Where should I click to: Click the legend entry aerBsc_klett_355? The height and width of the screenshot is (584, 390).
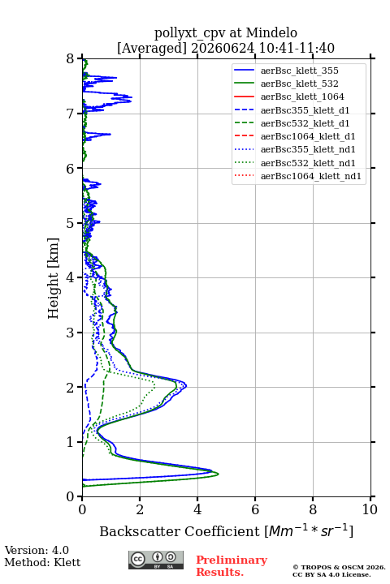point(299,71)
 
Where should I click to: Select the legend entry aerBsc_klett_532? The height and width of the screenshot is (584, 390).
point(299,84)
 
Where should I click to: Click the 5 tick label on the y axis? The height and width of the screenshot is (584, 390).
point(71,223)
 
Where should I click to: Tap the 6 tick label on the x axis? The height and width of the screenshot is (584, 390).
point(255,509)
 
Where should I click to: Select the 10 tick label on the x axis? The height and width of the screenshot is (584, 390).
point(370,509)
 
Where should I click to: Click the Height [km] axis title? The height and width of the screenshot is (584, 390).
point(54,278)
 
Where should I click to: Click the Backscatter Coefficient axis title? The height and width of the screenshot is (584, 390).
point(226,531)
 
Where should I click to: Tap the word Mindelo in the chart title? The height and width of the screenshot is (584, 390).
point(271,32)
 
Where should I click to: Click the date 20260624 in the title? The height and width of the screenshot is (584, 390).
point(223,48)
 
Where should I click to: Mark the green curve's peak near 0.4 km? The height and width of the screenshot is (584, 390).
point(219,474)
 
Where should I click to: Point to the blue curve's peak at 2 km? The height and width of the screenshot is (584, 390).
point(186,386)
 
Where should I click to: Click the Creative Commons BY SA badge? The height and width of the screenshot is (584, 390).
point(156,560)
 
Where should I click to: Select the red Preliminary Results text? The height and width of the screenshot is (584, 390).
point(232,566)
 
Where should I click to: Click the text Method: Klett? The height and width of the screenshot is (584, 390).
point(42,562)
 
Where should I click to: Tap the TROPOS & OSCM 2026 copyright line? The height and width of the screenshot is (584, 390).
point(339,567)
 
